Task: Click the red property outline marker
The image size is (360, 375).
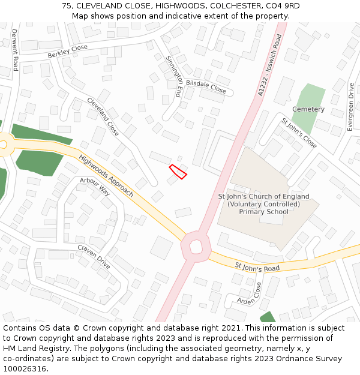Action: tap(178, 171)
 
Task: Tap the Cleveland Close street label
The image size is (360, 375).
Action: tap(103, 116)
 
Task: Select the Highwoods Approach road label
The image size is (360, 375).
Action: tap(106, 175)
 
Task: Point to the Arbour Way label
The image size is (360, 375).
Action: tap(95, 186)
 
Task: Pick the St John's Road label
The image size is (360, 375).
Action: tap(257, 267)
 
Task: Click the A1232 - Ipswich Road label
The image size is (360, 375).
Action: tap(269, 65)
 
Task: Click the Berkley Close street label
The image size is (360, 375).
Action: tap(68, 52)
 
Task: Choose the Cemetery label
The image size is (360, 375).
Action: tap(308, 109)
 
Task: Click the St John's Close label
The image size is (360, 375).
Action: tap(299, 133)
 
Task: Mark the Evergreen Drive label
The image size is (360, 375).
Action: tap(350, 107)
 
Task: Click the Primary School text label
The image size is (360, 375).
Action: tap(263, 212)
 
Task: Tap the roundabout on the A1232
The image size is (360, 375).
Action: tap(196, 245)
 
